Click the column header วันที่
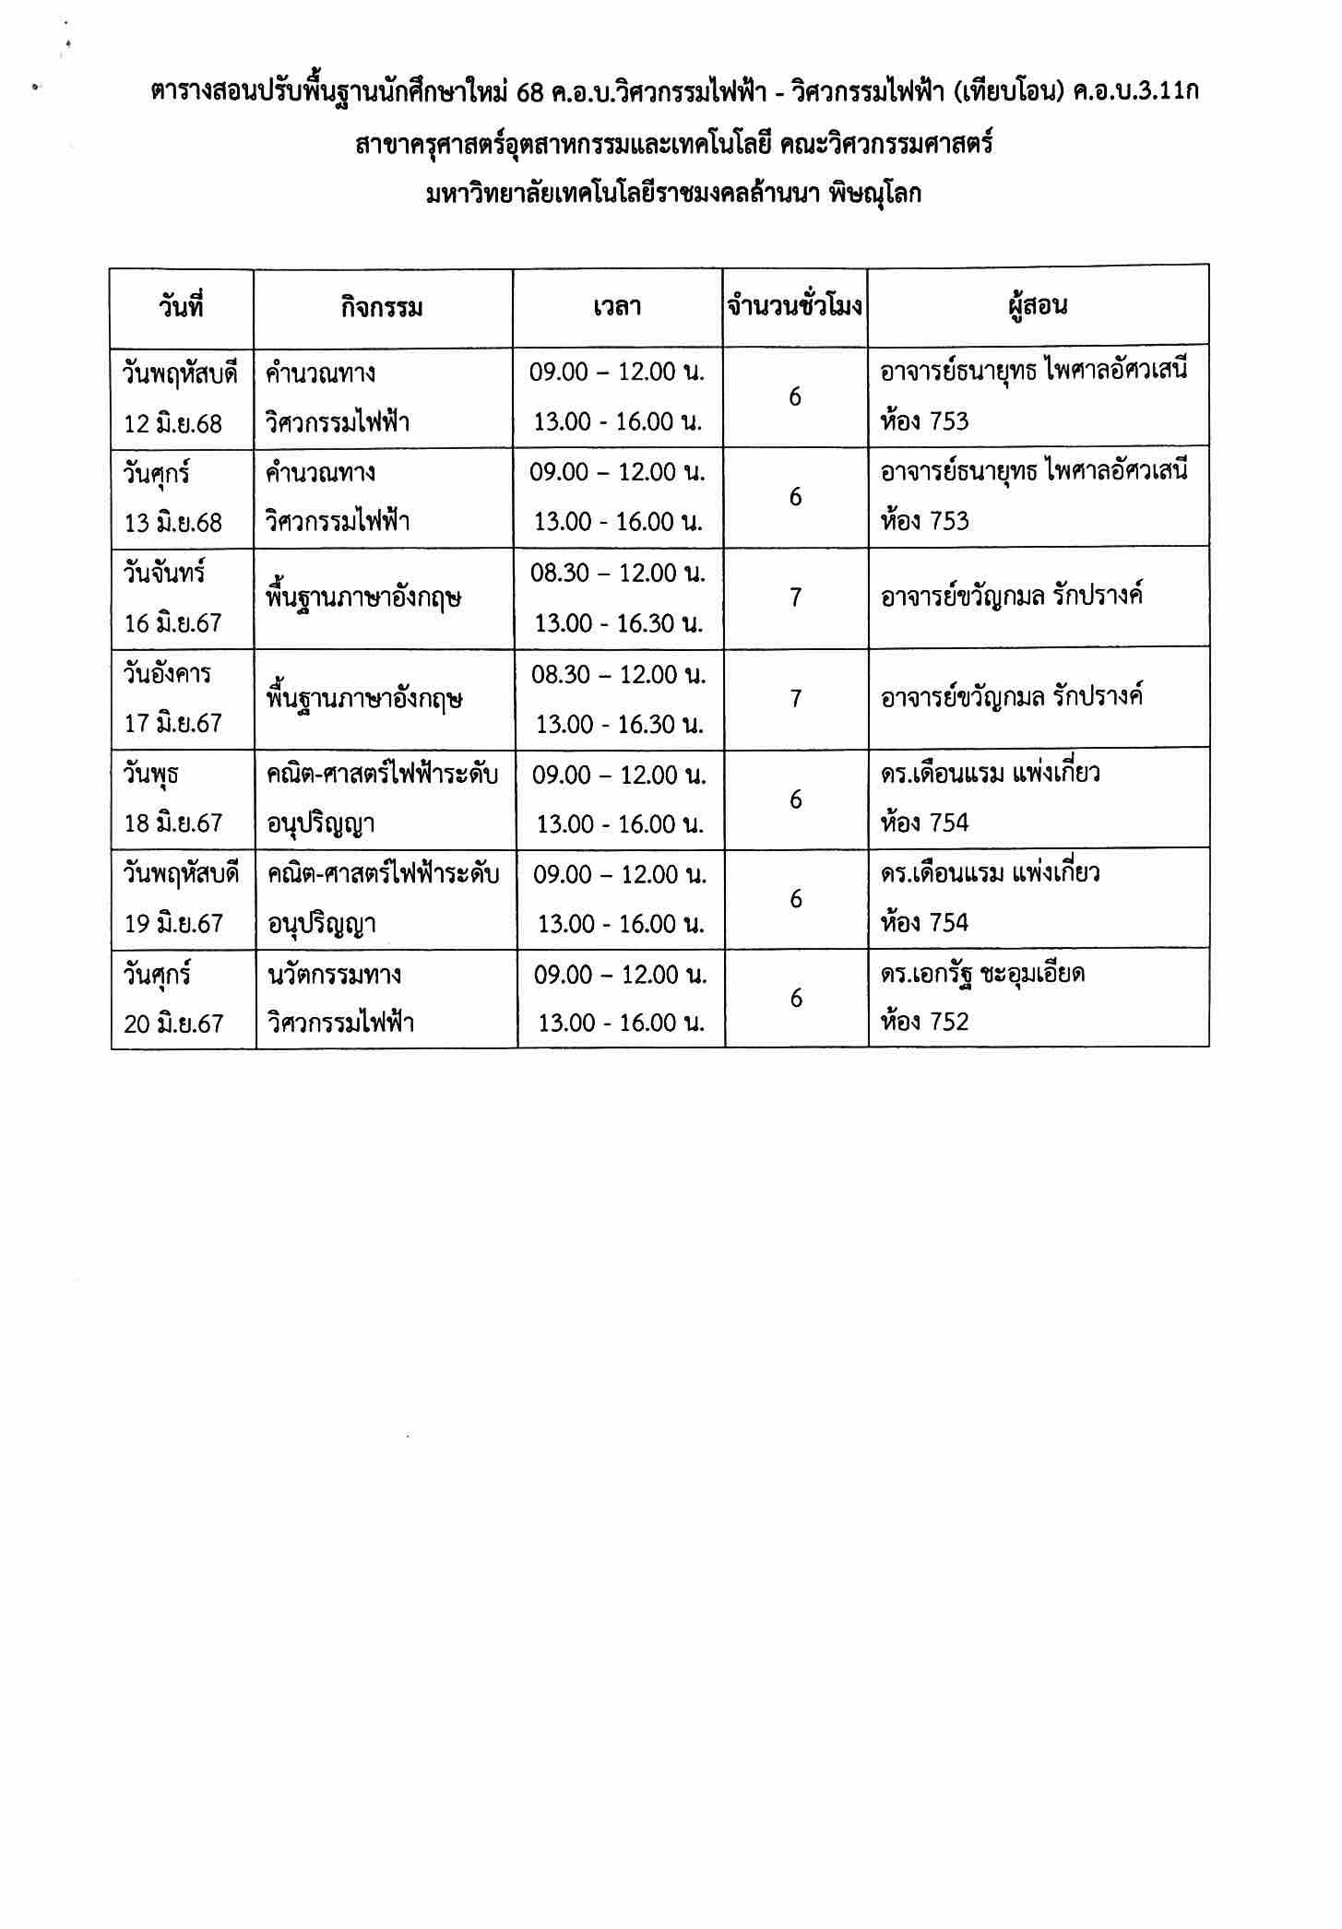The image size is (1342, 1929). [x=181, y=307]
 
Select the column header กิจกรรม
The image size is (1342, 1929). [x=382, y=308]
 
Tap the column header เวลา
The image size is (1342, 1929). [x=617, y=307]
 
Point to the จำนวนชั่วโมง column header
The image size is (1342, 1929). [x=795, y=306]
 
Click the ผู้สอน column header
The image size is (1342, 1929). [x=1038, y=306]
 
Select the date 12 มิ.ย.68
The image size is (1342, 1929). [x=173, y=423]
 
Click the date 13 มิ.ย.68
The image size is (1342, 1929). [x=173, y=523]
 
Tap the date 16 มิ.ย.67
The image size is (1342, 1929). [x=173, y=623]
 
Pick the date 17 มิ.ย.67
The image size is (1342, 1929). [x=173, y=723]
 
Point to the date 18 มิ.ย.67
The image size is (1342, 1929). [x=173, y=823]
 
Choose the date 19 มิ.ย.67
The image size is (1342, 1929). [x=173, y=923]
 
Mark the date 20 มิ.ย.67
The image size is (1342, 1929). [x=173, y=1023]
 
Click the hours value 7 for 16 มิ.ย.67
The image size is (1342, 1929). [x=795, y=598]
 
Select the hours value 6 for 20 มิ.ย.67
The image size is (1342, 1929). [x=796, y=998]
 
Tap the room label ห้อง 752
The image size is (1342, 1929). [x=925, y=1022]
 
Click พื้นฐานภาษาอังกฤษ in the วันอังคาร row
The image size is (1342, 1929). [x=363, y=699]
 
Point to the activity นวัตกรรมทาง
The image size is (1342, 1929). [x=334, y=974]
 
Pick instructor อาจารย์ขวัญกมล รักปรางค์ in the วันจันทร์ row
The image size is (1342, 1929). [x=1012, y=597]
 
